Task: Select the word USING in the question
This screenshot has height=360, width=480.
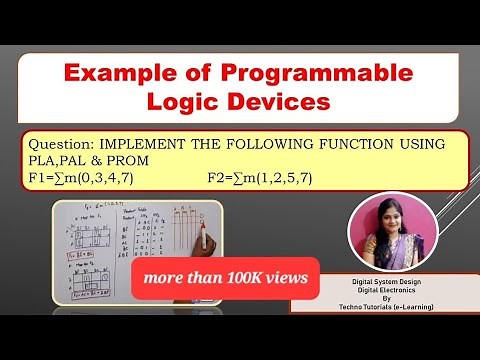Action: [420, 144]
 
